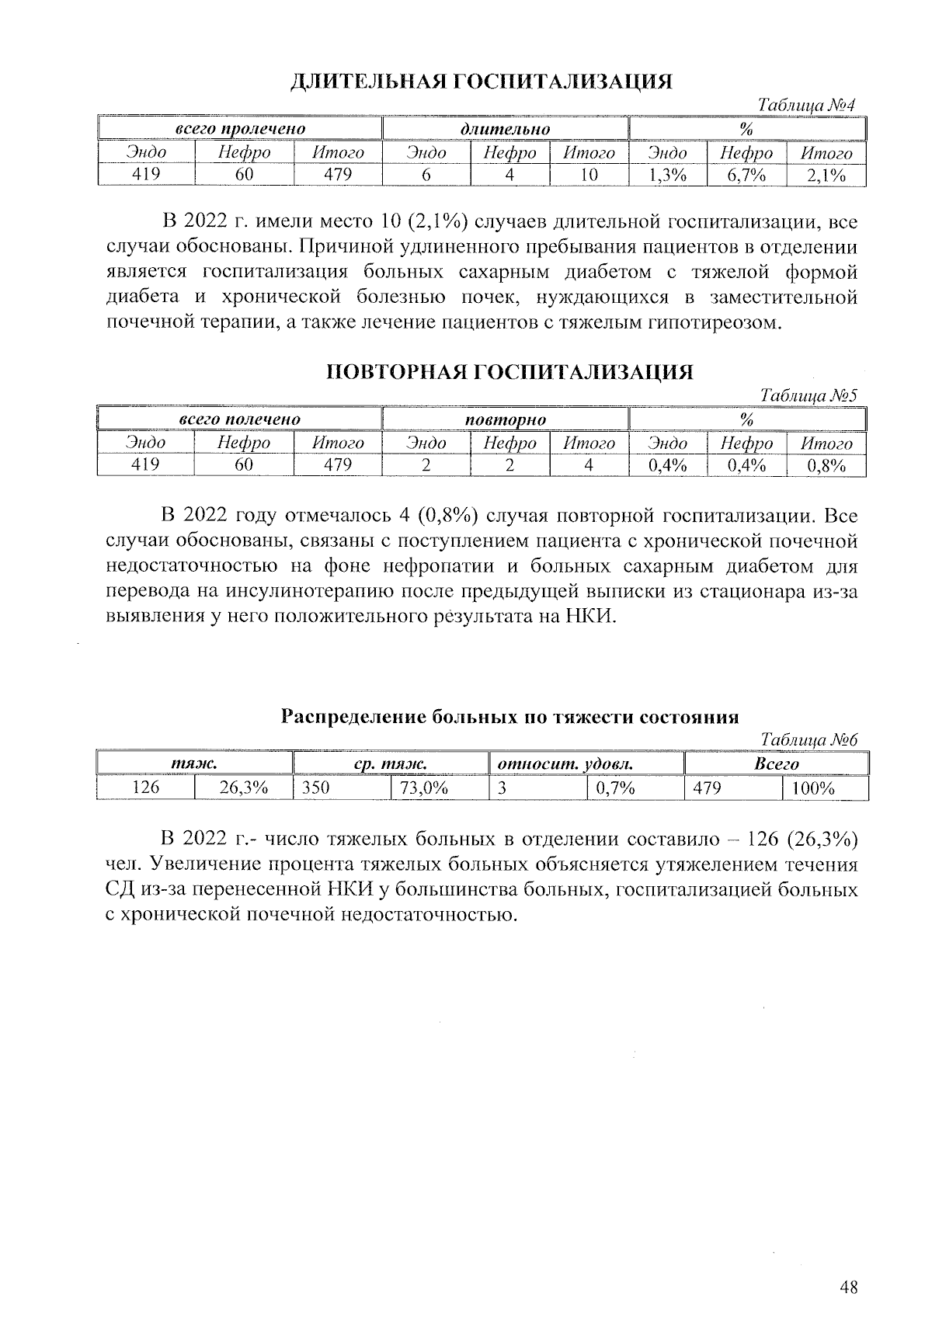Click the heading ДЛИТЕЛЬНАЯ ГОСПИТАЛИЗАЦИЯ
click(x=481, y=82)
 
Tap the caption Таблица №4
click(x=807, y=105)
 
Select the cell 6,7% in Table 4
click(x=746, y=176)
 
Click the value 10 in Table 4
click(x=589, y=176)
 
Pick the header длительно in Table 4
click(x=505, y=129)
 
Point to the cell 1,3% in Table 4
click(x=667, y=176)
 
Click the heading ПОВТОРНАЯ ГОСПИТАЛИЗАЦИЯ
click(x=508, y=372)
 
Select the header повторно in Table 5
click(x=505, y=419)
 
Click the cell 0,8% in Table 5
click(x=826, y=466)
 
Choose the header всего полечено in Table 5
click(x=240, y=419)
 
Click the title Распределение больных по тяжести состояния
click(x=509, y=716)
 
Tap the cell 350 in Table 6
click(x=315, y=788)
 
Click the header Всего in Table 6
click(x=777, y=764)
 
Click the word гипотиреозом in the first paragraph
click(x=711, y=322)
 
